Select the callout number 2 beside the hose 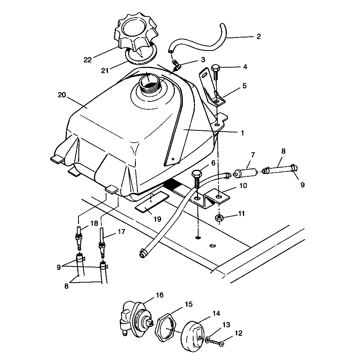tap(259, 37)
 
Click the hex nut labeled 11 tap(219, 218)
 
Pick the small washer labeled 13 tap(207, 339)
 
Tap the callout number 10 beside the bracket tap(243, 185)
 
